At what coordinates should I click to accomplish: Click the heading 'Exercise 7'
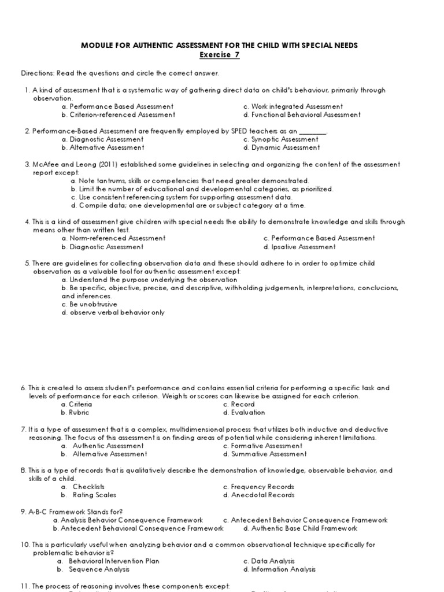point(219,55)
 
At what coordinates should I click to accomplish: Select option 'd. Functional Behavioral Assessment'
point(302,114)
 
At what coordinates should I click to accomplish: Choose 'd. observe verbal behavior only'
point(113,313)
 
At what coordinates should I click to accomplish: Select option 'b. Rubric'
point(76,413)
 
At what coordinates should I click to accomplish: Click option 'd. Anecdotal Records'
point(258,495)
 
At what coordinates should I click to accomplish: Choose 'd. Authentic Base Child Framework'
point(300,528)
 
